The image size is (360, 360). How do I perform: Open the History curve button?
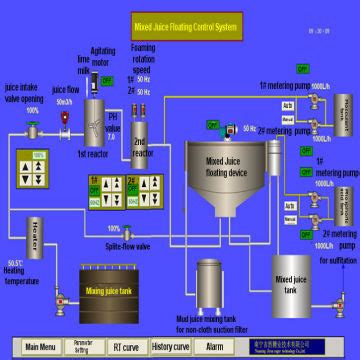tap(171, 346)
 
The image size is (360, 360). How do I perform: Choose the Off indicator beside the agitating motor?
tap(107, 79)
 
